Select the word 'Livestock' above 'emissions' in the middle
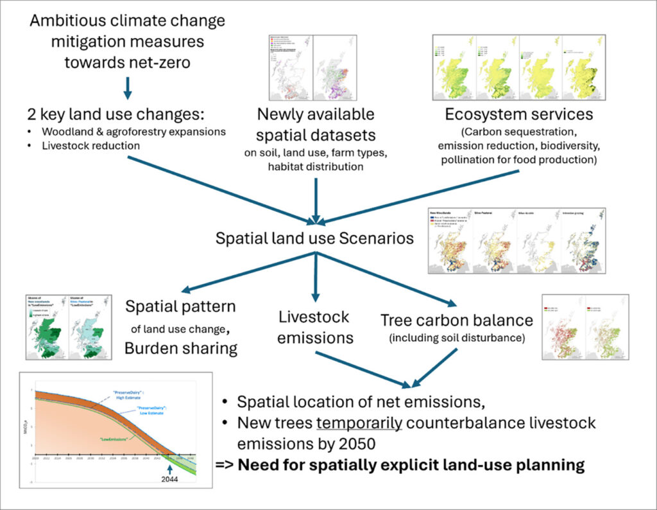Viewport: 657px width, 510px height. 314,317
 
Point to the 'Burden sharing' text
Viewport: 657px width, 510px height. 181,347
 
